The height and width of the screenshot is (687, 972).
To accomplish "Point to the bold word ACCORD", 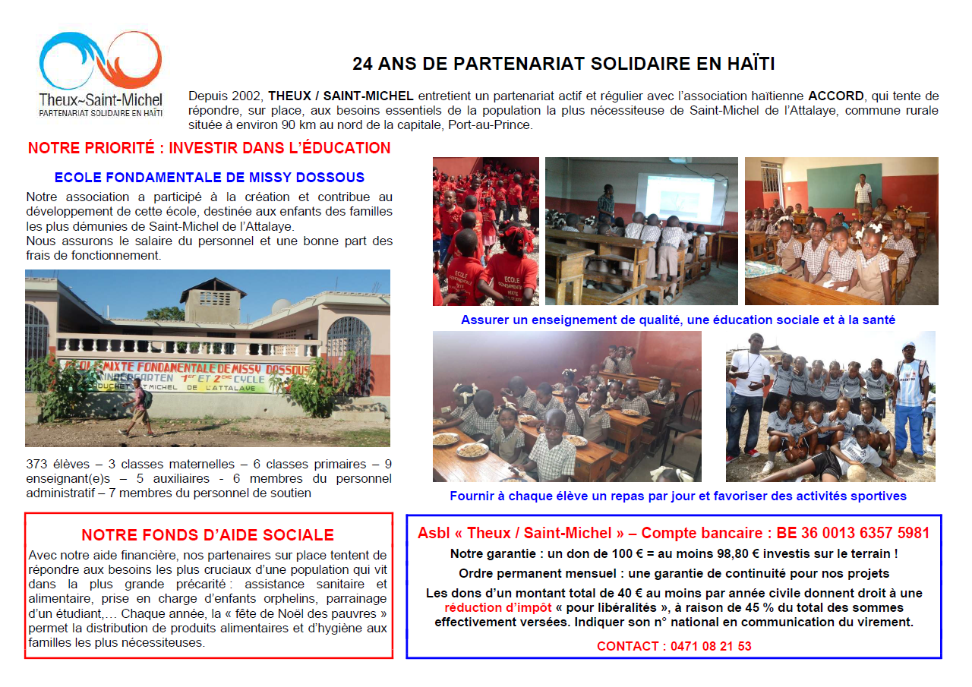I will coord(835,96).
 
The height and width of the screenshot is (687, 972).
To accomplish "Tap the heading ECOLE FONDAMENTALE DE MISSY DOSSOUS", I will coord(209,178).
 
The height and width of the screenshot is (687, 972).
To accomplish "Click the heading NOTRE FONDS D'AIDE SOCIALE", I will coord(207,535).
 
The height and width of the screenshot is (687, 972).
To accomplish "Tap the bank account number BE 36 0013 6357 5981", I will coord(853,534).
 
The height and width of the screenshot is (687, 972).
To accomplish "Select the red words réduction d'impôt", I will coord(498,608).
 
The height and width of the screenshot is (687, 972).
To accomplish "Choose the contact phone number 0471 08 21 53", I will coord(706,646).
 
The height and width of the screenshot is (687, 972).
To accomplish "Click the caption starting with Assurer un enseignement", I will coord(677,320).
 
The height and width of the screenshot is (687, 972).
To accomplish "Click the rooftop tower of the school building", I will coord(213,301).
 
